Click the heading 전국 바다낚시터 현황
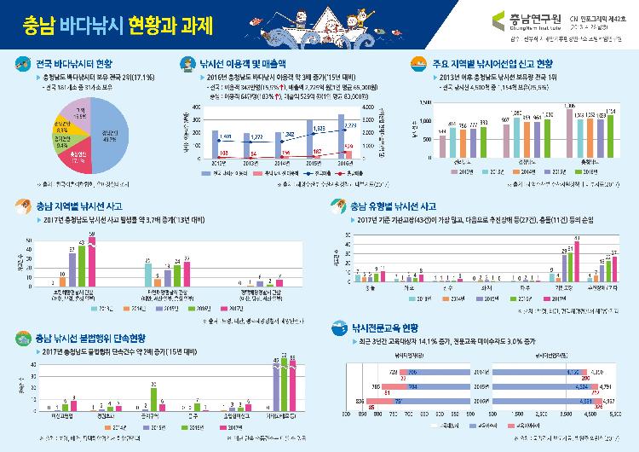tap(73, 63)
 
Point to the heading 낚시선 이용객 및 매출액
tap(243, 63)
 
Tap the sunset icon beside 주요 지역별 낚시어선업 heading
tap(417, 63)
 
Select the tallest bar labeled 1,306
tap(570, 131)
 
